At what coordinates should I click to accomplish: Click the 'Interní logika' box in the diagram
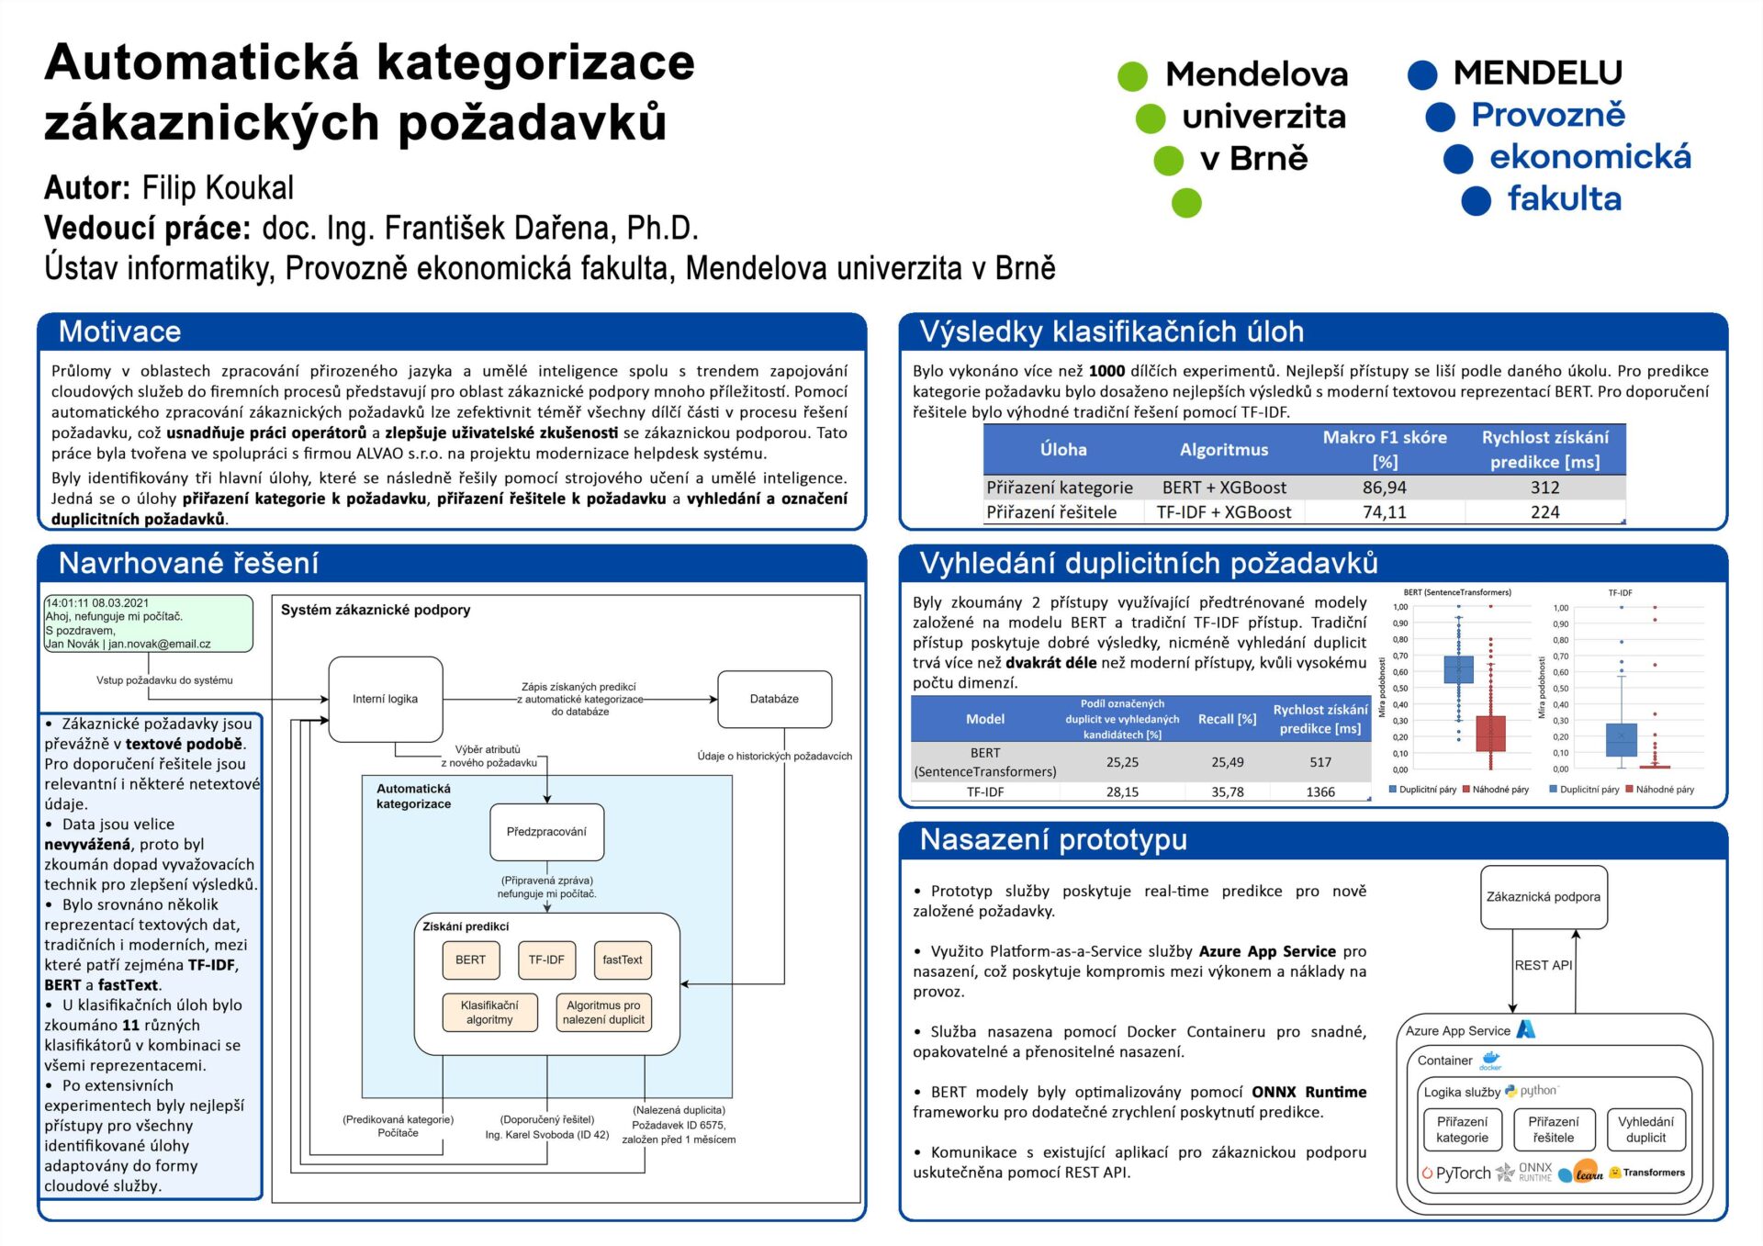[385, 699]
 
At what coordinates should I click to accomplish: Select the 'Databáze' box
[774, 699]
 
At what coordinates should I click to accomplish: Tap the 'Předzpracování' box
[546, 832]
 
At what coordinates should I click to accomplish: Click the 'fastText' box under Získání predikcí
[623, 960]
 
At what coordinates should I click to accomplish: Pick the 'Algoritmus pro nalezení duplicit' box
[603, 1012]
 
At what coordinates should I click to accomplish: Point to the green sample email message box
[148, 623]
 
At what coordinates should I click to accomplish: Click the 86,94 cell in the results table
[1384, 488]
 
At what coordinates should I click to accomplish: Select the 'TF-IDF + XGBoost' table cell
[1223, 512]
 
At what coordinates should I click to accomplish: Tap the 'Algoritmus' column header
[1223, 449]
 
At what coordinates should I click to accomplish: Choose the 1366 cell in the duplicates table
[1320, 791]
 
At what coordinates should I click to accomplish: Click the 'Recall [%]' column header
[1227, 719]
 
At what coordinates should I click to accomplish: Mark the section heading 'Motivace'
[120, 331]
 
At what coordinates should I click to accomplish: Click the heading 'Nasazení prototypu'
[1053, 839]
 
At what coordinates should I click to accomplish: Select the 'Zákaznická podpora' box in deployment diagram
[1543, 897]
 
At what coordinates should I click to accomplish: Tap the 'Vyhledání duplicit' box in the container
[1645, 1129]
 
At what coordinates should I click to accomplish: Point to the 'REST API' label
[1543, 965]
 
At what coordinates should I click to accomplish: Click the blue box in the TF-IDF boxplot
[1621, 739]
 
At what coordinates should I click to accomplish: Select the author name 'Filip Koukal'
[218, 187]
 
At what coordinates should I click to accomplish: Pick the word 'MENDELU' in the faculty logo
[1537, 73]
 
